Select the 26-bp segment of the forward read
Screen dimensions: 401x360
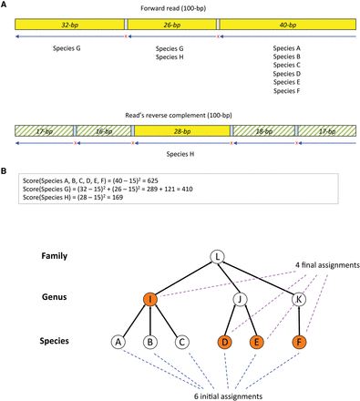click(x=171, y=23)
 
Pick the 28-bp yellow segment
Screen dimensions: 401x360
click(x=183, y=131)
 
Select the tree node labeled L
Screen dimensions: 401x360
click(x=217, y=258)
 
